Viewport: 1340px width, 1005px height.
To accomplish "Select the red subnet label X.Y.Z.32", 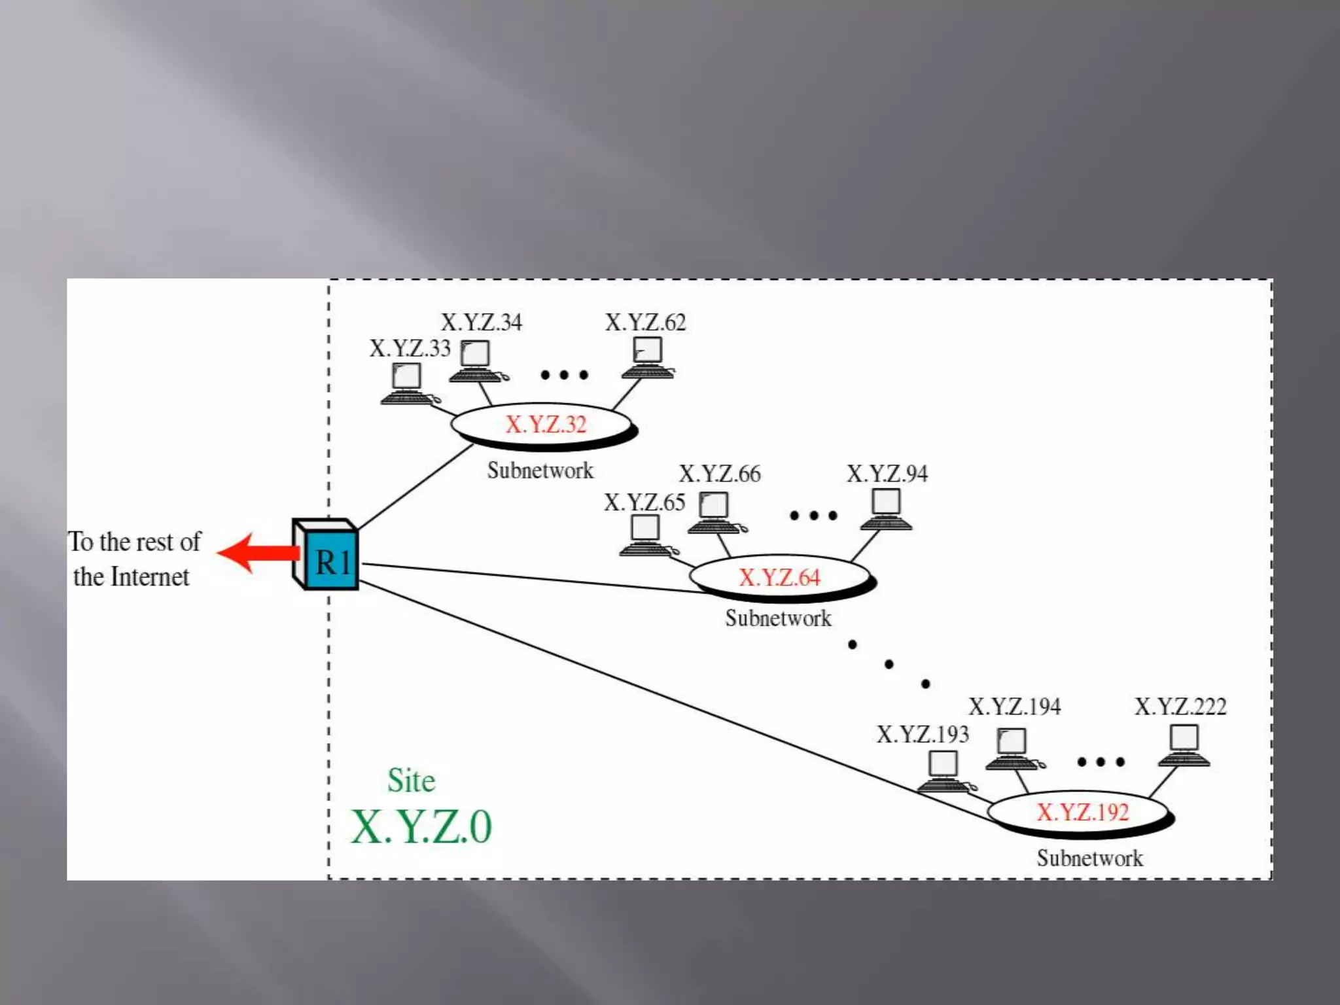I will pyautogui.click(x=545, y=425).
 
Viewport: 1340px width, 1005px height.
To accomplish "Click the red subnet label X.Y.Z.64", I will pyautogui.click(x=779, y=577).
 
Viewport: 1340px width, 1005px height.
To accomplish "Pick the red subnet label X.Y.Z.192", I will pyautogui.click(x=1082, y=812).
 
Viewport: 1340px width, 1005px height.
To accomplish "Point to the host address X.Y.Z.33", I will pyautogui.click(x=410, y=348).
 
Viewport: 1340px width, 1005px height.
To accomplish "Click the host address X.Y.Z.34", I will pyautogui.click(x=481, y=322).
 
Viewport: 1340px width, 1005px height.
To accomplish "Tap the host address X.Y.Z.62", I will pyautogui.click(x=645, y=322).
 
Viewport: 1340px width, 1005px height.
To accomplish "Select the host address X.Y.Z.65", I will pyautogui.click(x=644, y=502).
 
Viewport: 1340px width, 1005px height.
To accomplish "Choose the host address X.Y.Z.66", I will pyautogui.click(x=719, y=474).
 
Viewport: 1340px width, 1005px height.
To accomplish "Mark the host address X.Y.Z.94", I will pyautogui.click(x=887, y=473).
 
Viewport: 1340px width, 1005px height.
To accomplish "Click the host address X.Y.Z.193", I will pyautogui.click(x=922, y=734).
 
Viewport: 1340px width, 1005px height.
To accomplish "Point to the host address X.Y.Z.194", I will pyautogui.click(x=1014, y=707).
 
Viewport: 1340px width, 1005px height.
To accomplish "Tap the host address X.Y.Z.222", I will pyautogui.click(x=1180, y=707).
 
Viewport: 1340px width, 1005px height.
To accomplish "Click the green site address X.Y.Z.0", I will pyautogui.click(x=421, y=827).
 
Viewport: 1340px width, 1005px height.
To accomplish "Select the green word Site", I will pyautogui.click(x=411, y=780).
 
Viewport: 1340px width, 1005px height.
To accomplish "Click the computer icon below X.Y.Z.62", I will pyautogui.click(x=648, y=357).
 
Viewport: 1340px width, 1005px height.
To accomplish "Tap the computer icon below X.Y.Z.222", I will pyautogui.click(x=1184, y=745).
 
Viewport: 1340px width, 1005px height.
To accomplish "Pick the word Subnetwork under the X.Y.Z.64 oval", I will pyautogui.click(x=778, y=618).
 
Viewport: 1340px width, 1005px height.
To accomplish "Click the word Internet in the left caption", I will pyautogui.click(x=150, y=577).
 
